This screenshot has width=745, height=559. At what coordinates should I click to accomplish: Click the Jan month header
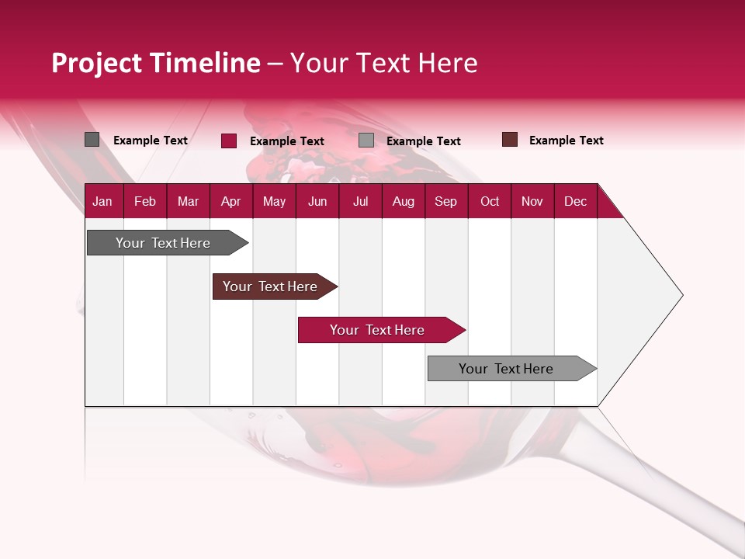click(102, 201)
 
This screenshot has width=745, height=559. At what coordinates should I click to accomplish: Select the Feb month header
click(145, 201)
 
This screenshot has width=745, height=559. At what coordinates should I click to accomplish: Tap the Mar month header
click(188, 201)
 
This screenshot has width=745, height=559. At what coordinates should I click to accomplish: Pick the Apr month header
click(230, 201)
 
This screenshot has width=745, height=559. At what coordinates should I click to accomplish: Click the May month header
click(274, 201)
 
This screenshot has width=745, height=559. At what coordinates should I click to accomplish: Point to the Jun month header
click(317, 201)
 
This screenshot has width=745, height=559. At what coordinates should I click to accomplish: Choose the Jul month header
click(360, 201)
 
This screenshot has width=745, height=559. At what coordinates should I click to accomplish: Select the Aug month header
click(403, 201)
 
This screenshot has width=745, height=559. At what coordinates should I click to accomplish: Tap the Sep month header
click(445, 201)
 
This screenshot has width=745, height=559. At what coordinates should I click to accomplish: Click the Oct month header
click(490, 201)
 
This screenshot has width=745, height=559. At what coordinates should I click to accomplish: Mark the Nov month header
click(532, 201)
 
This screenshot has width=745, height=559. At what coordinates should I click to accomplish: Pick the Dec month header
click(575, 201)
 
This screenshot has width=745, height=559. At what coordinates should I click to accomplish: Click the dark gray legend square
click(92, 140)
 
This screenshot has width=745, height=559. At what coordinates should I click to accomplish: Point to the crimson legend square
click(229, 141)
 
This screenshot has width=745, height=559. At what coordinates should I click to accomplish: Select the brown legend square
click(510, 140)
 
